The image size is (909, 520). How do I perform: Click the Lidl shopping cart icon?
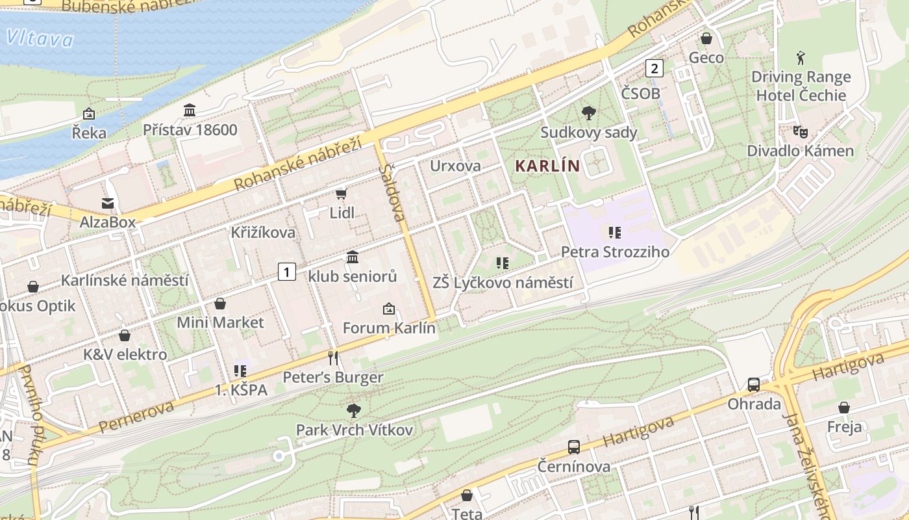(x=342, y=194)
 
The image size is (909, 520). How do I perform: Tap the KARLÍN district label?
(x=547, y=166)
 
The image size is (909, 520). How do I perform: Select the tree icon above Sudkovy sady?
(x=589, y=113)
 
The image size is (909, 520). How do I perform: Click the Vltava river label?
(x=40, y=39)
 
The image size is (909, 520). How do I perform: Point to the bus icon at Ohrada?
(x=753, y=384)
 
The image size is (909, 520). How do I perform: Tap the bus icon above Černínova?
(x=574, y=447)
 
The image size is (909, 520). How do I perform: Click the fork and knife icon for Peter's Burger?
(x=333, y=357)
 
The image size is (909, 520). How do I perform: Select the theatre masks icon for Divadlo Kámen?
(x=800, y=132)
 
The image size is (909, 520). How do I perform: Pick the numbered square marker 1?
(x=287, y=272)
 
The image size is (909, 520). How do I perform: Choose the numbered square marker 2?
(x=654, y=68)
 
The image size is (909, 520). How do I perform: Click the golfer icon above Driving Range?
(x=801, y=58)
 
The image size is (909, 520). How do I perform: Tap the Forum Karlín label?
(x=389, y=328)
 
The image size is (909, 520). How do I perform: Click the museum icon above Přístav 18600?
(x=190, y=110)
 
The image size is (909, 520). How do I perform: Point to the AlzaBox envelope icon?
(x=108, y=203)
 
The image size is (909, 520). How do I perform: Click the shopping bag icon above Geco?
(x=706, y=39)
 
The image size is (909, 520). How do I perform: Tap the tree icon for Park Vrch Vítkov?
(x=354, y=410)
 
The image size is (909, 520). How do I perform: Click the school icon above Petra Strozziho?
(x=614, y=232)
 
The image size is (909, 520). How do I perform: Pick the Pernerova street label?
(x=137, y=417)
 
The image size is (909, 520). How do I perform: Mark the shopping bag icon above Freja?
(x=844, y=408)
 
